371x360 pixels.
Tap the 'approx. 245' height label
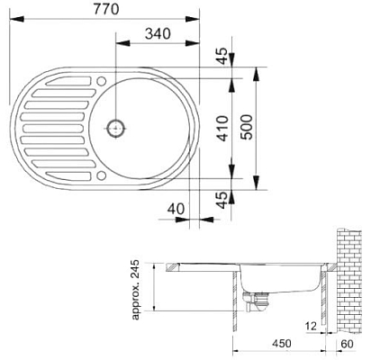(138, 291)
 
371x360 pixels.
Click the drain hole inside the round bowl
(114, 128)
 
